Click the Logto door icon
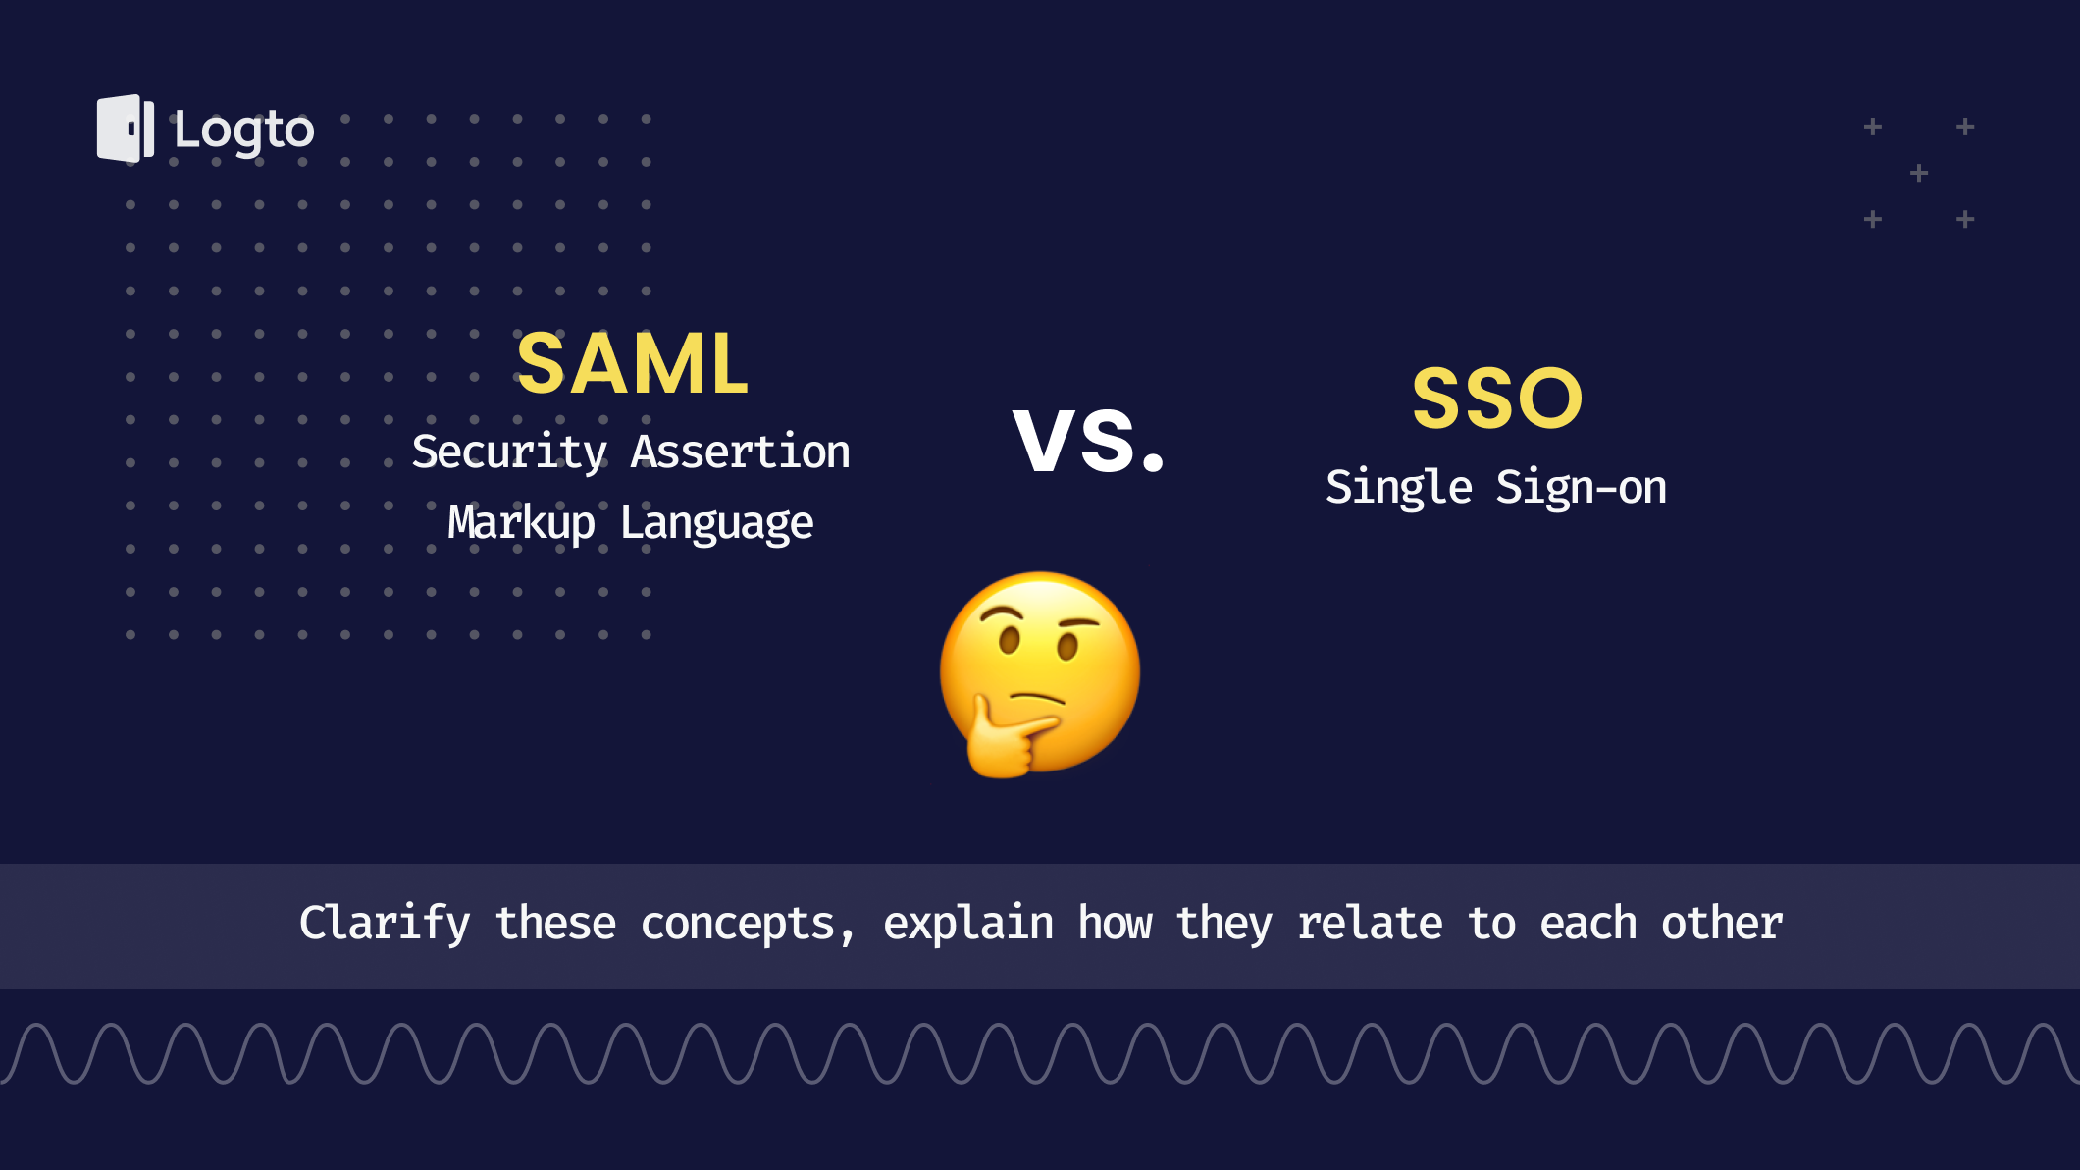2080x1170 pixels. pyautogui.click(x=125, y=129)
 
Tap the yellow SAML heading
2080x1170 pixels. pyautogui.click(x=633, y=364)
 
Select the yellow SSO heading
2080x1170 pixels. pyautogui.click(x=1497, y=399)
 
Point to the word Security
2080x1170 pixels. pyautogui.click(x=509, y=452)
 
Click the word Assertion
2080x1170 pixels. pyautogui.click(x=741, y=452)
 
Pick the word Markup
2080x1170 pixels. pyautogui.click(x=521, y=523)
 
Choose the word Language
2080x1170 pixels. pyautogui.click(x=717, y=523)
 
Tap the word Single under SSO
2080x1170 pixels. pyautogui.click(x=1399, y=488)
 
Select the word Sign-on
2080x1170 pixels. pyautogui.click(x=1581, y=488)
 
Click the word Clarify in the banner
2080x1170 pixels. pyautogui.click(x=385, y=925)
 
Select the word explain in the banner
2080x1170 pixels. pyautogui.click(x=968, y=925)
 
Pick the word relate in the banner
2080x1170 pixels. pyautogui.click(x=1370, y=925)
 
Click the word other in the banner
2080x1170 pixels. pyautogui.click(x=1722, y=925)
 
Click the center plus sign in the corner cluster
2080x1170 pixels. pyautogui.click(x=1919, y=174)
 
